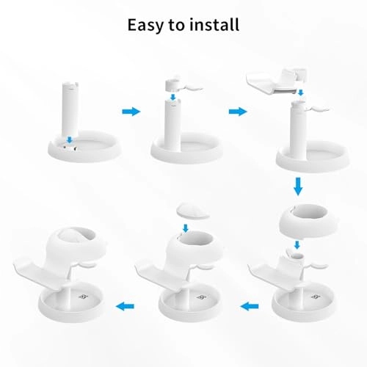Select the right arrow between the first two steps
click(131, 112)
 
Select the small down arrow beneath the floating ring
click(298, 244)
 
